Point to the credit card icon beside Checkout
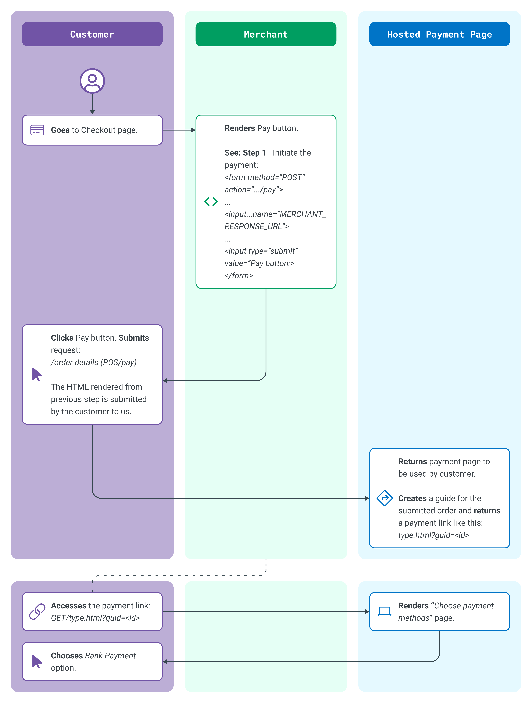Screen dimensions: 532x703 [x=37, y=130]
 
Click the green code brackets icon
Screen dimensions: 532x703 [x=211, y=201]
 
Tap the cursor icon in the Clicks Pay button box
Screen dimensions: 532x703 [x=37, y=374]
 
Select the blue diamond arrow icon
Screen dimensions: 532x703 [x=385, y=498]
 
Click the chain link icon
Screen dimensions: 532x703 [x=37, y=611]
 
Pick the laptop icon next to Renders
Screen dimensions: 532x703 [x=385, y=611]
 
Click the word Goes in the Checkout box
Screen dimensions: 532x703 [x=60, y=130]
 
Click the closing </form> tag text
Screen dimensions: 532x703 [x=239, y=276]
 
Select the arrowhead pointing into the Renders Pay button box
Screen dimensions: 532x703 [x=193, y=130]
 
